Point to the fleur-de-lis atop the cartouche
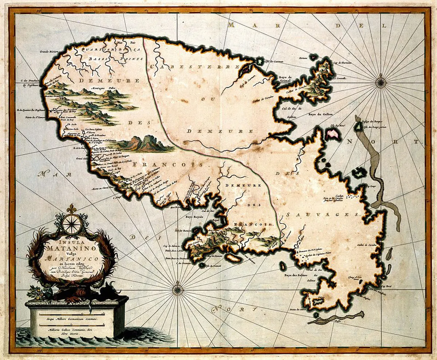(72, 209)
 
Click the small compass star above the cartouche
(72, 223)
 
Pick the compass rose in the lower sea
(177, 290)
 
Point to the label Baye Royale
(194, 216)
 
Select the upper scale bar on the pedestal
(72, 313)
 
